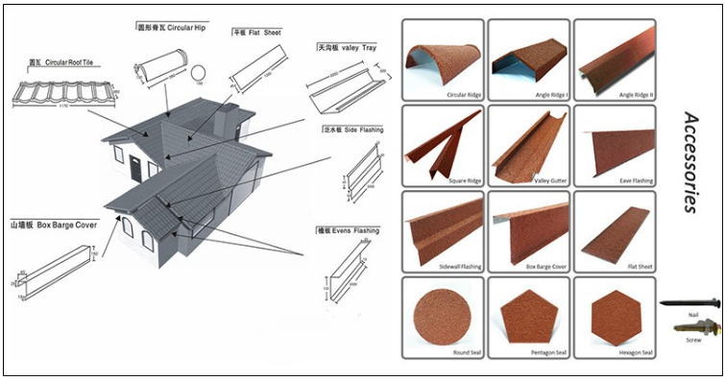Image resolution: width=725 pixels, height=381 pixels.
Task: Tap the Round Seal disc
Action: coord(441,315)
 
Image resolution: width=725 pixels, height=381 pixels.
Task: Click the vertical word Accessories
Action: coord(689,161)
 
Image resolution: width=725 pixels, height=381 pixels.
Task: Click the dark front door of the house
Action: coord(134,169)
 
